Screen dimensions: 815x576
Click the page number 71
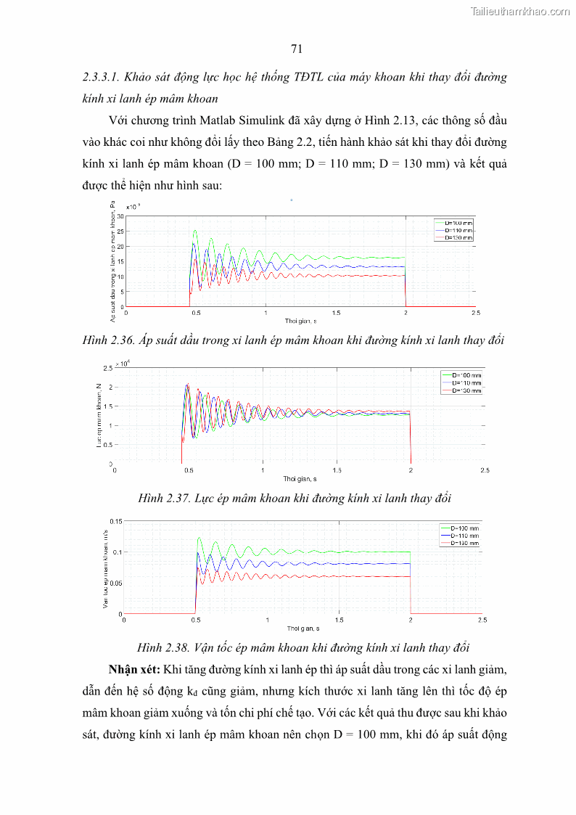[x=296, y=49]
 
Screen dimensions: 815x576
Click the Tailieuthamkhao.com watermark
[x=520, y=11]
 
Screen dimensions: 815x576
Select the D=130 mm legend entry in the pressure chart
[x=458, y=237]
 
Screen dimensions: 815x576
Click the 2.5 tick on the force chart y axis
[x=107, y=369]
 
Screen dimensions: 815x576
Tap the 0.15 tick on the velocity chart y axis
[x=115, y=521]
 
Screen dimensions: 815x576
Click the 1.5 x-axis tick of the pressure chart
[x=336, y=313]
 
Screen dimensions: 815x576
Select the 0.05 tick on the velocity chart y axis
[x=115, y=583]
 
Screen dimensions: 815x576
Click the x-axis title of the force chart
[x=300, y=479]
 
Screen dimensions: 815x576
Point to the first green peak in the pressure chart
[x=195, y=232]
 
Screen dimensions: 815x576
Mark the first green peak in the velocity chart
[x=199, y=538]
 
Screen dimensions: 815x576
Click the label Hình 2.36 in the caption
[x=109, y=340]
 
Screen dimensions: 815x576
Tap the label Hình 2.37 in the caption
[x=163, y=498]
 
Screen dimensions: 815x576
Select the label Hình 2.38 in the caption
[x=163, y=647]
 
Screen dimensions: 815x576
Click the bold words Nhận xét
[x=134, y=667]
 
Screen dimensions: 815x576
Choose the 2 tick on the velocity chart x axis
[x=411, y=621]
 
